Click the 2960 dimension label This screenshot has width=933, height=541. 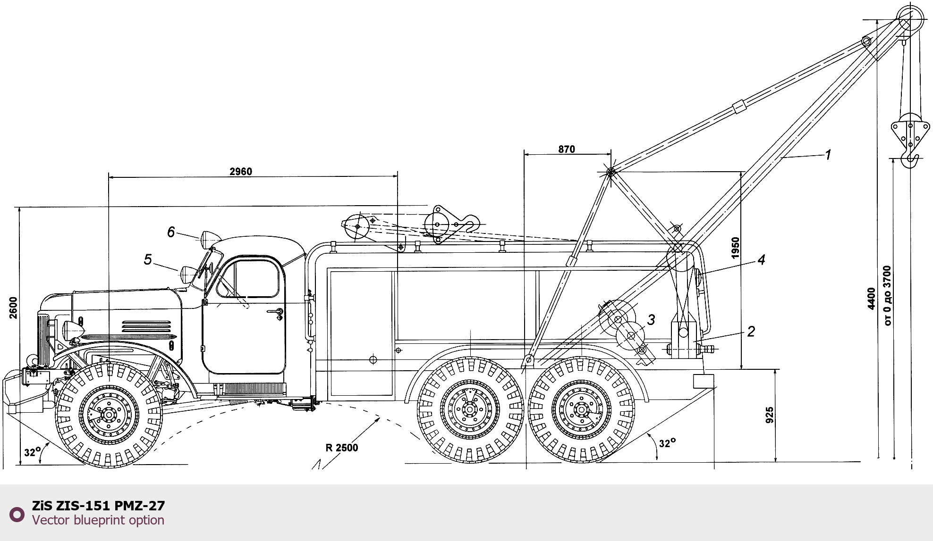click(x=241, y=171)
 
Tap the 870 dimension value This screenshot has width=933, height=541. click(x=567, y=149)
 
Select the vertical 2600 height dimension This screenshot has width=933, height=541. click(x=13, y=308)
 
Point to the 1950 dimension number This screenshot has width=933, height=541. click(x=735, y=248)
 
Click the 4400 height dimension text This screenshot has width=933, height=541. click(x=872, y=299)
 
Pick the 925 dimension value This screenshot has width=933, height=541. click(x=769, y=415)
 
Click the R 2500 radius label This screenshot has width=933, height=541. click(x=342, y=448)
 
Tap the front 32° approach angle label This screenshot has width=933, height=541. click(x=33, y=452)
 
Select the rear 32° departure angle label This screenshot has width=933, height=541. click(x=667, y=443)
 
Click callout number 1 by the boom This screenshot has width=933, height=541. click(x=828, y=155)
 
